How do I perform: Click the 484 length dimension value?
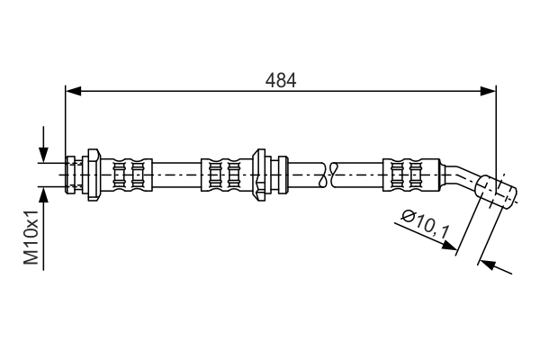pyautogui.click(x=281, y=80)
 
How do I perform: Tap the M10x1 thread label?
pyautogui.click(x=31, y=238)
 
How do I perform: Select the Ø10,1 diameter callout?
pyautogui.click(x=426, y=223)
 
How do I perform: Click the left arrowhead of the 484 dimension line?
pyautogui.click(x=73, y=91)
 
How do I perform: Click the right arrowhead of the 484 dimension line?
pyautogui.click(x=489, y=91)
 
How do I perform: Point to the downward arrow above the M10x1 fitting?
pyautogui.click(x=43, y=144)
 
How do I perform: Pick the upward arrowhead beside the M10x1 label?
pyautogui.click(x=43, y=195)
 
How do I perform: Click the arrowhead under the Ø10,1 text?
pyautogui.click(x=450, y=245)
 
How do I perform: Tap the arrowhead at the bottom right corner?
pyautogui.click(x=486, y=265)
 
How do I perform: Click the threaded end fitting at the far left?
pyautogui.click(x=70, y=175)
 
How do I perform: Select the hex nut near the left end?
pyautogui.click(x=93, y=175)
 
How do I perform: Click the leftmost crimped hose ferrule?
pyautogui.click(x=127, y=175)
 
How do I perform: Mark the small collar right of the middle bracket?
pyautogui.click(x=283, y=175)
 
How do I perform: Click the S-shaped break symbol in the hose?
pyautogui.click(x=328, y=175)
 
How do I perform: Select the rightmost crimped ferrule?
pyautogui.click(x=411, y=175)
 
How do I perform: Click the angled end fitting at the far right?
pyautogui.click(x=496, y=191)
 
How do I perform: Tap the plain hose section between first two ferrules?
pyautogui.click(x=176, y=175)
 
